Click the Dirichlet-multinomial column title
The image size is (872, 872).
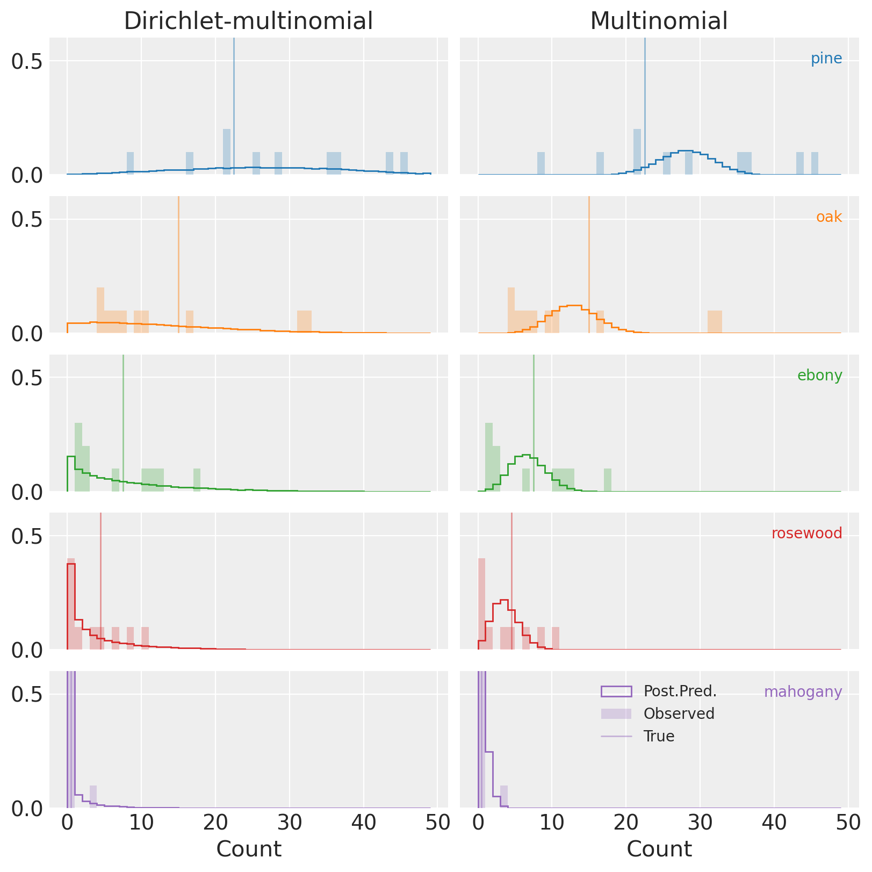[x=248, y=21]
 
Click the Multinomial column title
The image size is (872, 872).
[x=659, y=21]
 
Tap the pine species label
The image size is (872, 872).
[x=826, y=59]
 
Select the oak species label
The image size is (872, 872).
[x=828, y=217]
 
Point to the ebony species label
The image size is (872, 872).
[x=819, y=375]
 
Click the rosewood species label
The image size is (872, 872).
[x=806, y=534]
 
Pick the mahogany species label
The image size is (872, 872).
[x=803, y=691]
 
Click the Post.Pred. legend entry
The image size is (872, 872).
[x=680, y=691]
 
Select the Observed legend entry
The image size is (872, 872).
[x=679, y=714]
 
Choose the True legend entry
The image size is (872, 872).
[x=659, y=736]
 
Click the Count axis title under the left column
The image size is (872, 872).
[x=248, y=849]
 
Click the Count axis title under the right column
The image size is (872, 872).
[x=659, y=849]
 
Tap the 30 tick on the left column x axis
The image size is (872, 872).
[x=290, y=822]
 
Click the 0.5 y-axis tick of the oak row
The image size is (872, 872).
[x=27, y=219]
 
